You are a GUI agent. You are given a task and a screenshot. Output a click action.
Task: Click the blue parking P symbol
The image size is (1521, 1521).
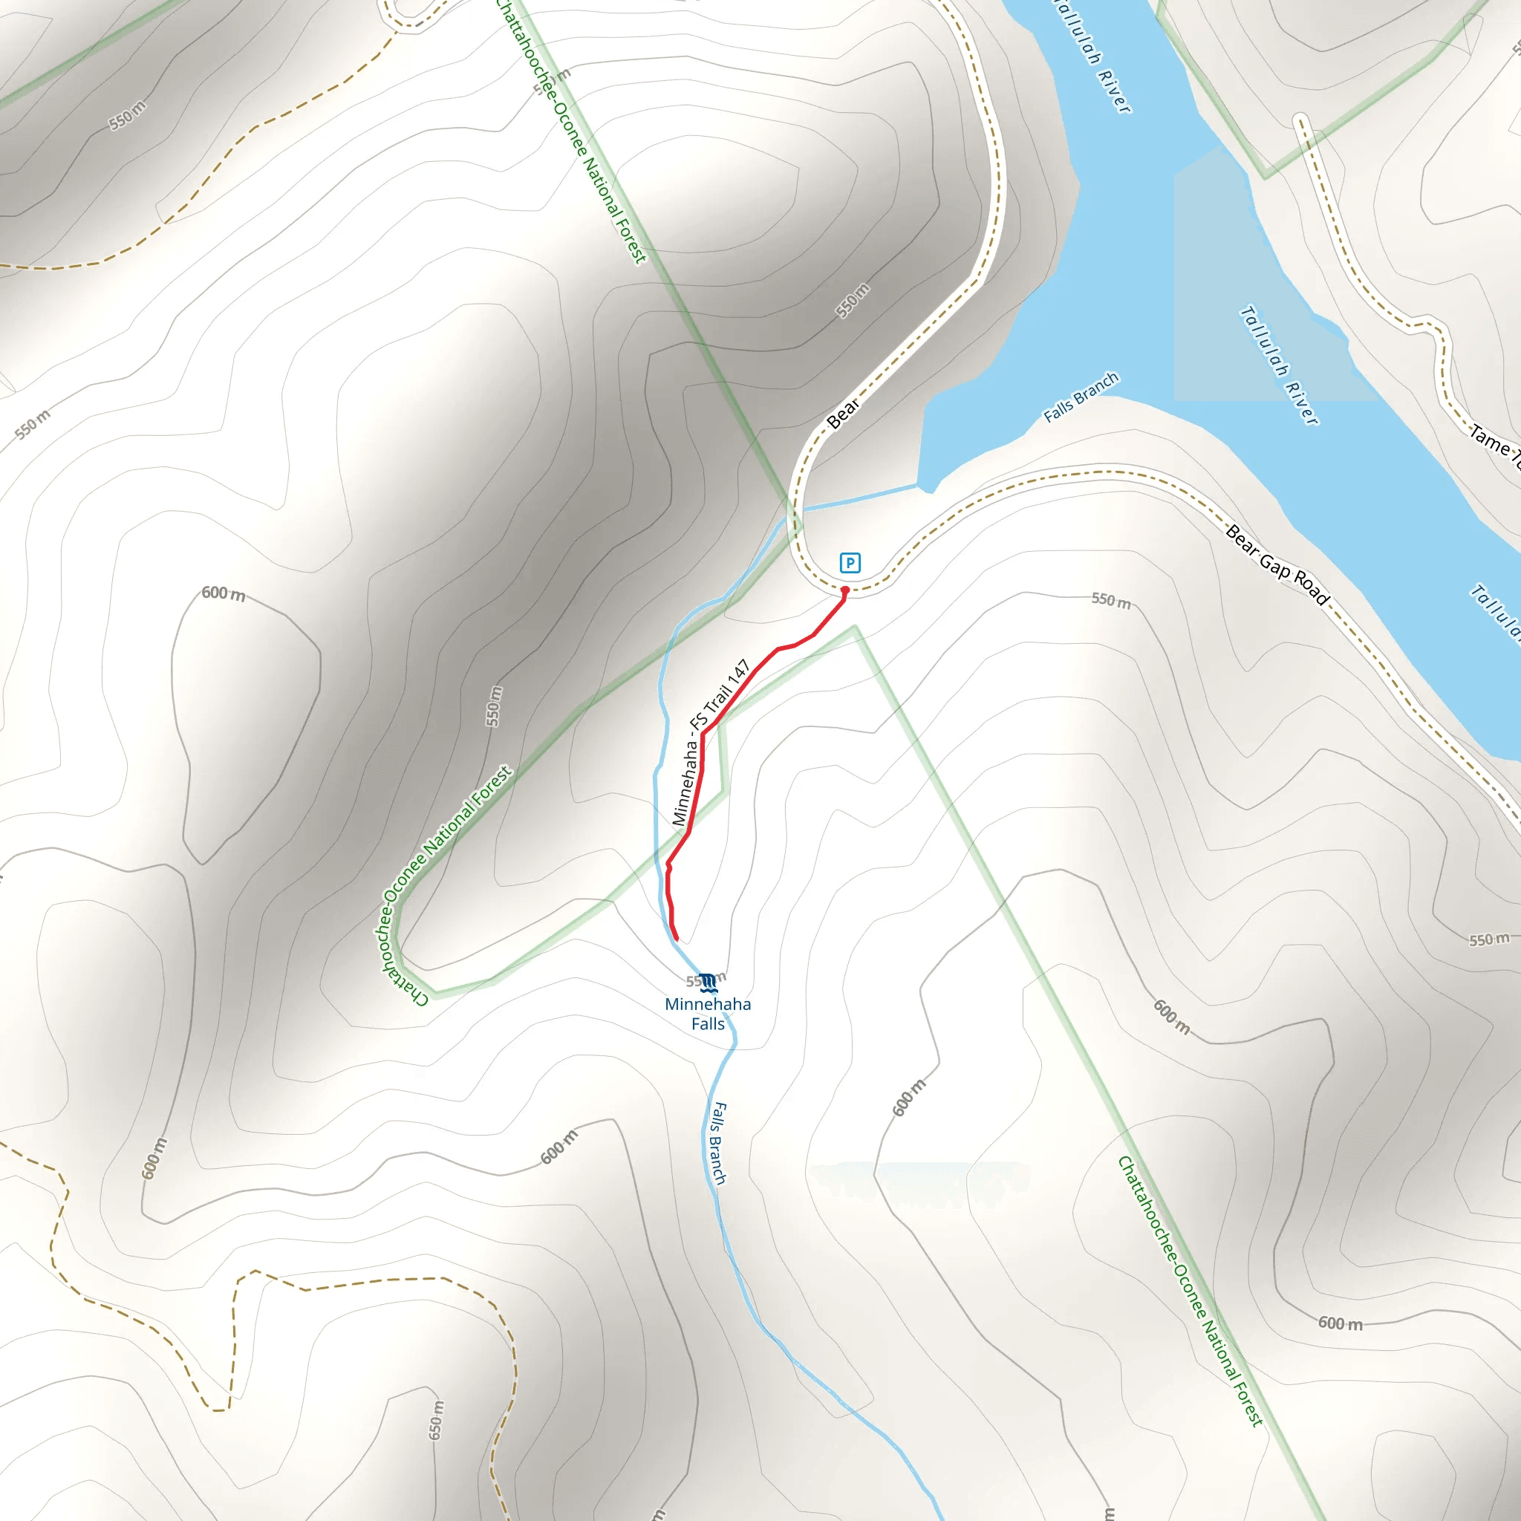click(850, 563)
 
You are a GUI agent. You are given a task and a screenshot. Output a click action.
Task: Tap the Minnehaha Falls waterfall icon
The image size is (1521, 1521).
click(708, 983)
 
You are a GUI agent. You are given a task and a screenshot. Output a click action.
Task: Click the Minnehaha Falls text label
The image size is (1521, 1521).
click(708, 1014)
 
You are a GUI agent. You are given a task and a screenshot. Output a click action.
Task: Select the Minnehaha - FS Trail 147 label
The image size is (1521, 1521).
click(710, 743)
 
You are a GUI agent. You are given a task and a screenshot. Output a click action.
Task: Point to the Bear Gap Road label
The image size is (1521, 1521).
click(1277, 565)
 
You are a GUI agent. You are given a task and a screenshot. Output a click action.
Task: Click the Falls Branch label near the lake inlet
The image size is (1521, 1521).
click(1081, 397)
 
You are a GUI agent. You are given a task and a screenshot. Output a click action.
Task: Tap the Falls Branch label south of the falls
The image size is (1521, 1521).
click(718, 1144)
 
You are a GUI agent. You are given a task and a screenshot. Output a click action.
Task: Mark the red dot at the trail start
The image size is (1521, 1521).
click(844, 590)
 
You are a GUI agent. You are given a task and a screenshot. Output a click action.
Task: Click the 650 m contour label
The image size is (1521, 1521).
click(436, 1420)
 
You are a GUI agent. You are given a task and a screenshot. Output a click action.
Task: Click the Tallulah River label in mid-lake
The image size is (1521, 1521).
click(1279, 365)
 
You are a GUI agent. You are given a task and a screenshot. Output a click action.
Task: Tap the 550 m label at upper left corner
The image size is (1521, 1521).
click(127, 116)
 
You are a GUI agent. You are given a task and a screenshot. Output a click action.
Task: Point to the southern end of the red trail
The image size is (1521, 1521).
click(677, 939)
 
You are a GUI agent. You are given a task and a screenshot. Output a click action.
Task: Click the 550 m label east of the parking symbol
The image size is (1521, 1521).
click(1111, 601)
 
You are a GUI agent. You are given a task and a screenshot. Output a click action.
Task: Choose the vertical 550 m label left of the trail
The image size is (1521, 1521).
click(494, 706)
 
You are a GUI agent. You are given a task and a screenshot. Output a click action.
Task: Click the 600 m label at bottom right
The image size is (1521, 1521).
click(1340, 1323)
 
